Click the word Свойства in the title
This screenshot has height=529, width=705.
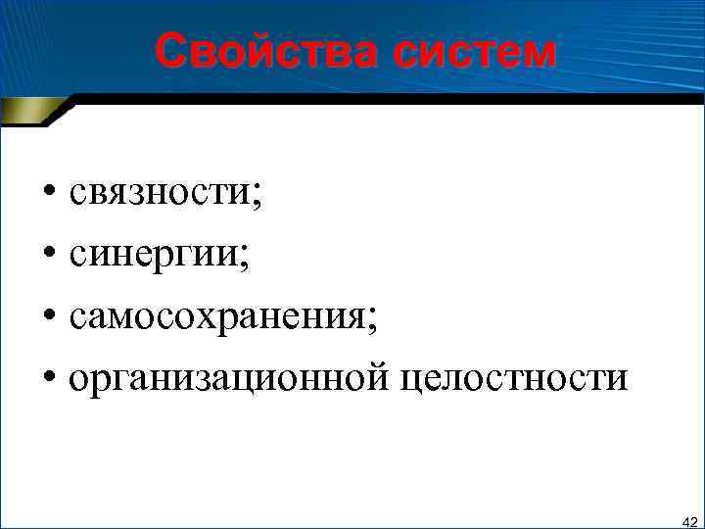[265, 51]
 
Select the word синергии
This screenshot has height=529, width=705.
[154, 257]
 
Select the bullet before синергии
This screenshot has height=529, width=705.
[48, 257]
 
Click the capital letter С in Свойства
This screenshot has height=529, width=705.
[170, 51]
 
